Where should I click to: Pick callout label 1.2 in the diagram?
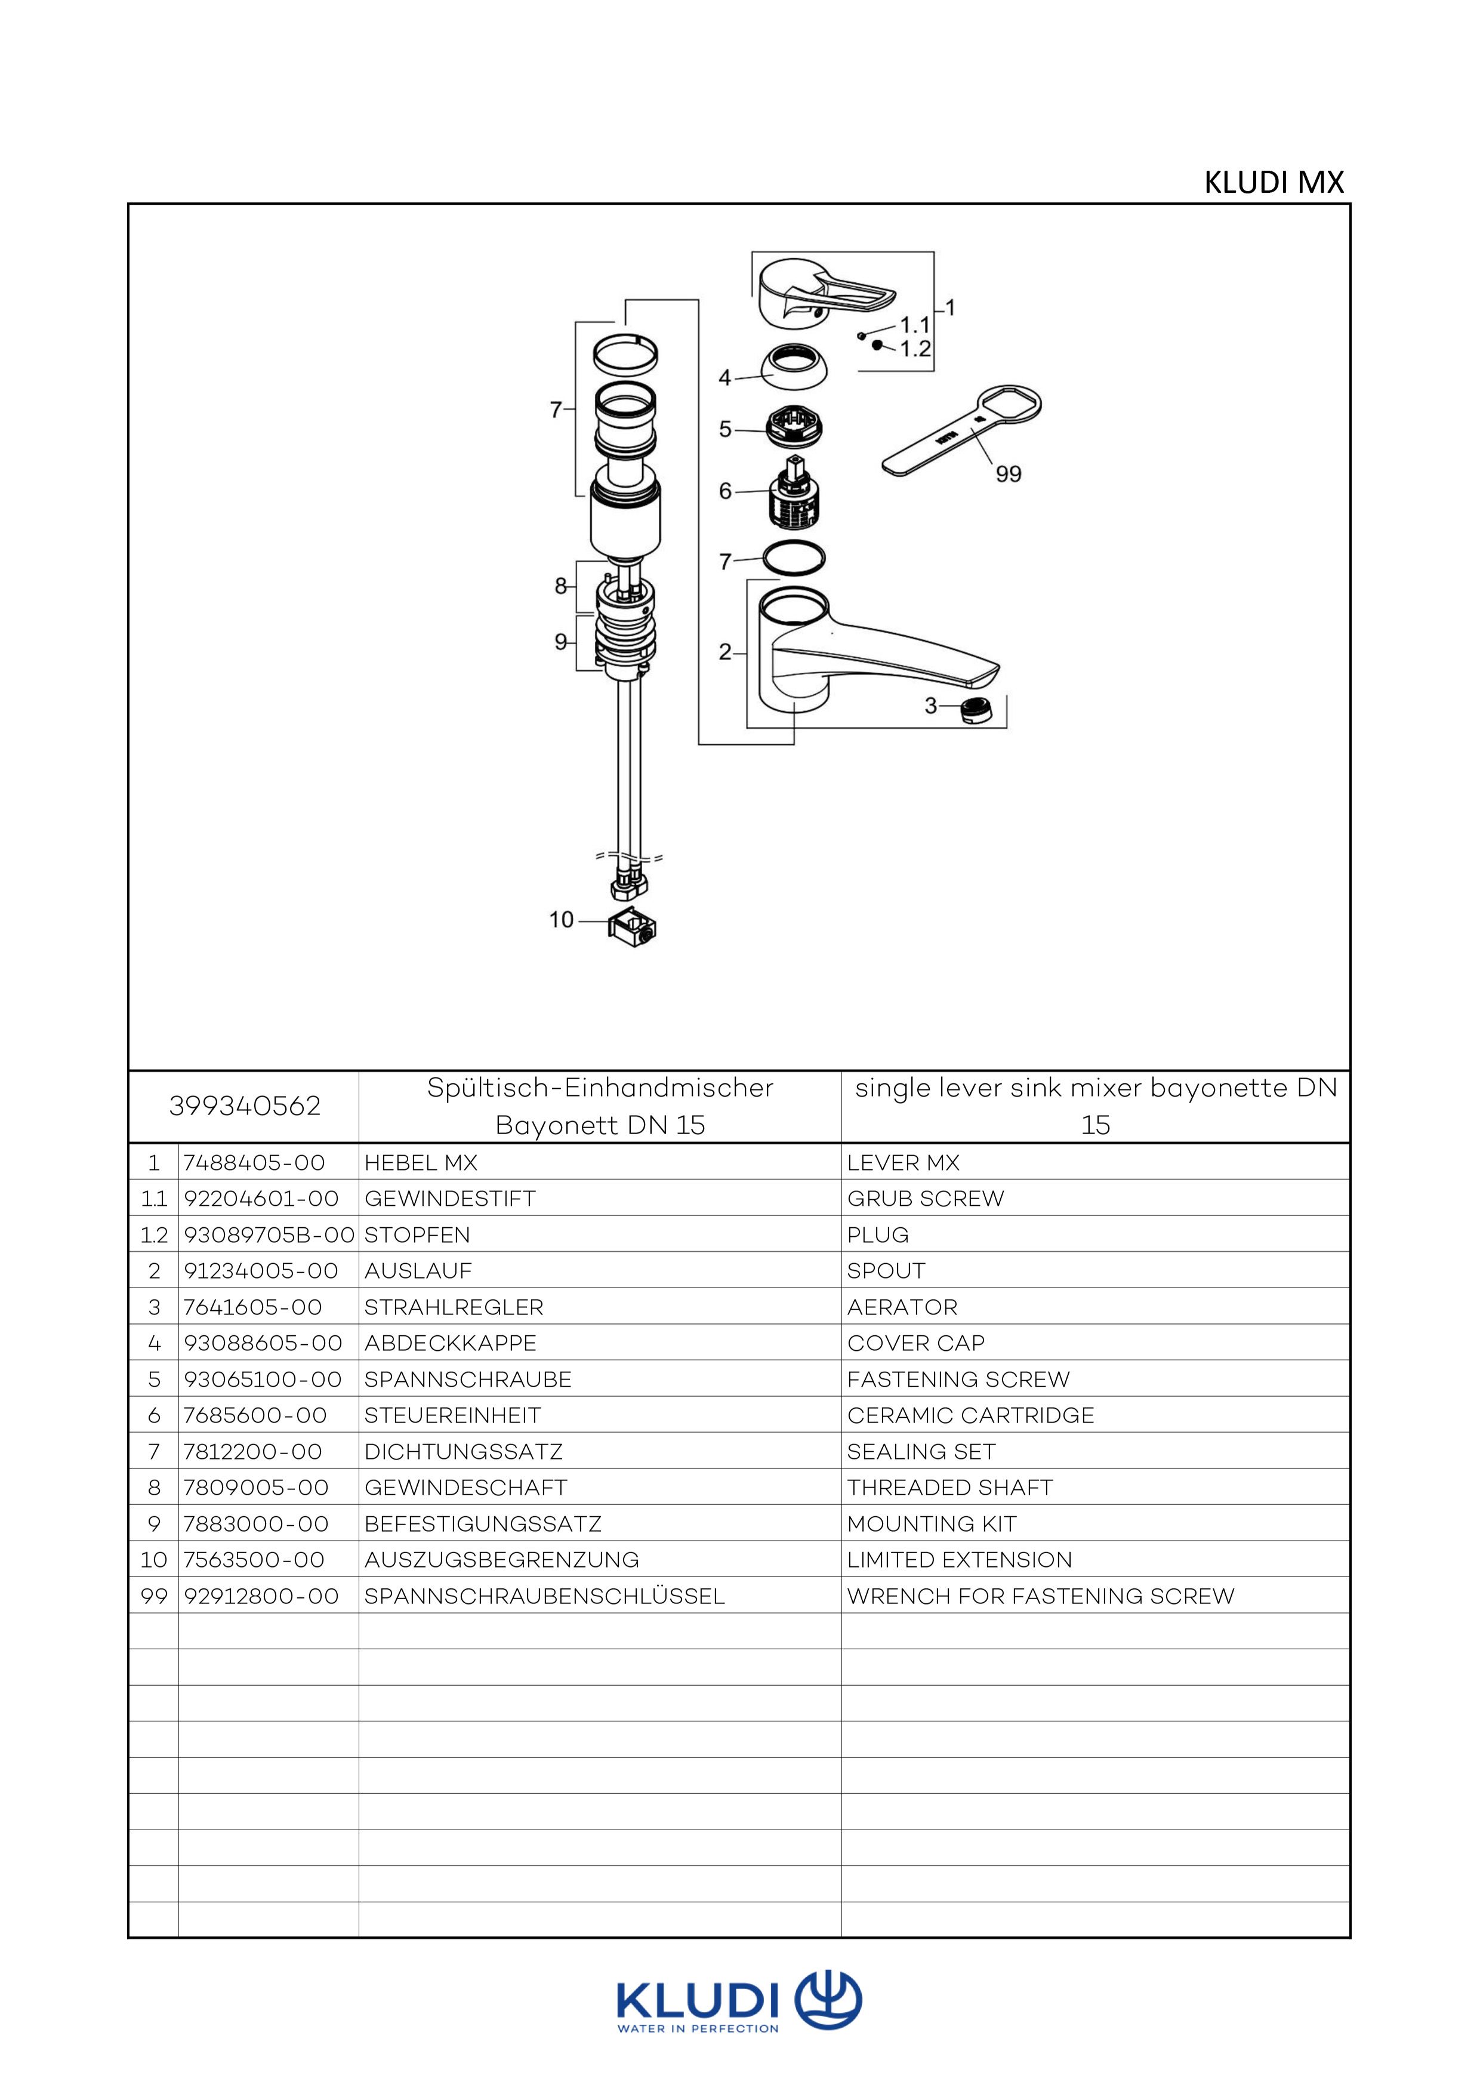tap(915, 349)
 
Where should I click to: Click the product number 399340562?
tap(245, 1106)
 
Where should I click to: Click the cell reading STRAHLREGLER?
tap(453, 1307)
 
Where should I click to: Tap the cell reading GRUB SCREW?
tap(926, 1199)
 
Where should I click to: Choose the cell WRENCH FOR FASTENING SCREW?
tap(1040, 1596)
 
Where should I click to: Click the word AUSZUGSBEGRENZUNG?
tap(501, 1560)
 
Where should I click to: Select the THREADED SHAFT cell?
tap(949, 1488)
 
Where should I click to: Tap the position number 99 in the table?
tap(153, 1596)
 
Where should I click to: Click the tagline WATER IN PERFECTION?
tap(698, 2028)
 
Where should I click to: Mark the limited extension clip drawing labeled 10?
tap(632, 928)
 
